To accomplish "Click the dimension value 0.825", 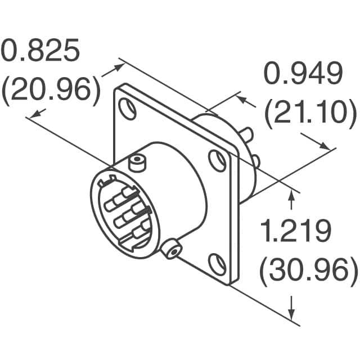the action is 40,50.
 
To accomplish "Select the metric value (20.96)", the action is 51,91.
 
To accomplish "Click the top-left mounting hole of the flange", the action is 128,109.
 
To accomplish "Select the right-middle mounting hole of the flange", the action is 217,161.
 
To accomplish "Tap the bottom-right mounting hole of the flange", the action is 217,264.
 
